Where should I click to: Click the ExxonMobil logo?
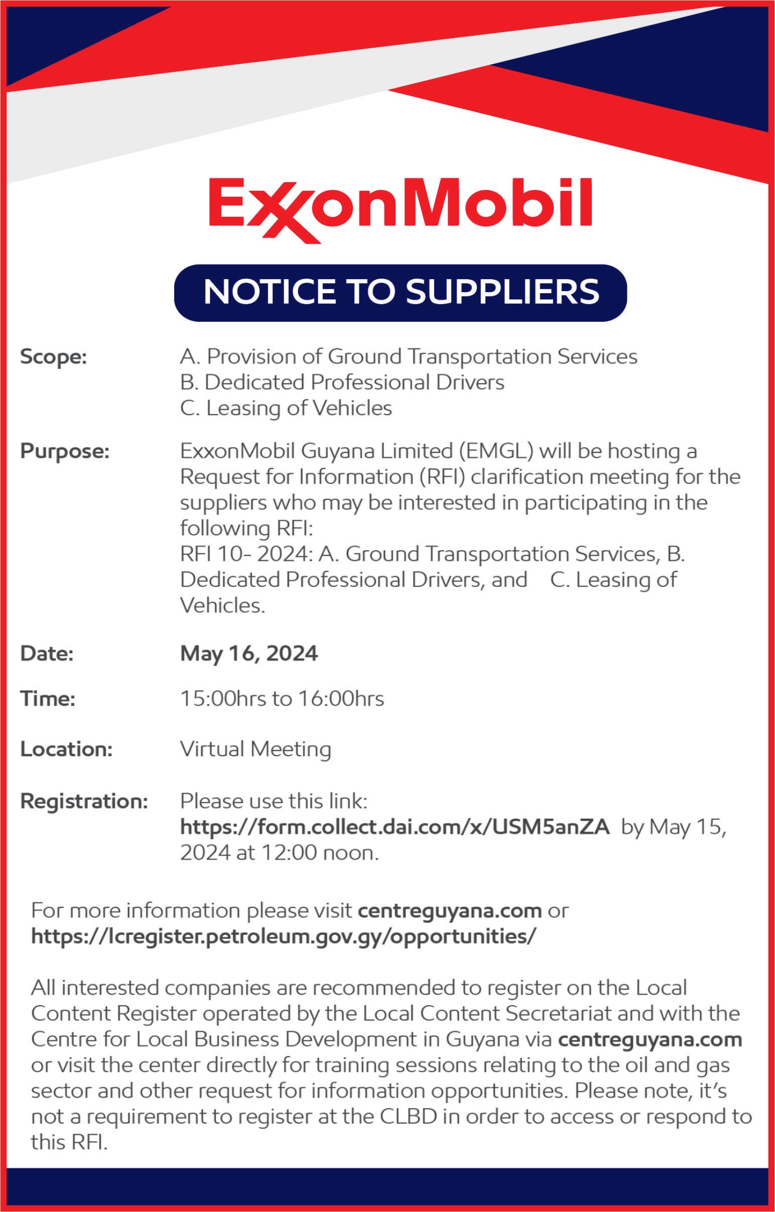[x=400, y=209]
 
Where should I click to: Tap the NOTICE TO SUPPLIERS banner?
[x=401, y=292]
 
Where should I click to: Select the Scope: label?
[x=54, y=357]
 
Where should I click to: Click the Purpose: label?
[x=65, y=451]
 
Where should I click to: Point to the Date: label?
[x=47, y=654]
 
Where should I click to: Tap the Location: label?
[x=66, y=750]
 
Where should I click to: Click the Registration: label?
[x=84, y=801]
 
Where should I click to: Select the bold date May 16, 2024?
[x=249, y=654]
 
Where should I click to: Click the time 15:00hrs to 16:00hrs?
[x=282, y=698]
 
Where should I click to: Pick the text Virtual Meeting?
[x=255, y=750]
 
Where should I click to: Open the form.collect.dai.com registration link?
[x=395, y=826]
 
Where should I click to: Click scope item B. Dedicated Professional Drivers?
[x=342, y=383]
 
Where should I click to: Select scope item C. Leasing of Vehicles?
[x=286, y=408]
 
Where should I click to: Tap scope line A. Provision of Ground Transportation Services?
[x=409, y=357]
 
